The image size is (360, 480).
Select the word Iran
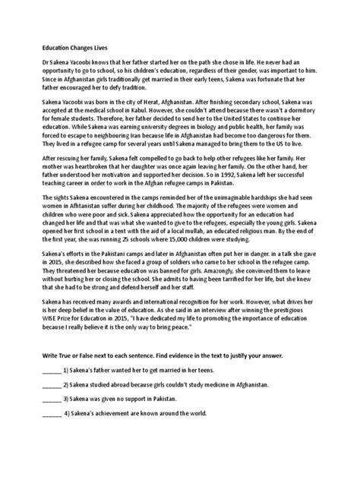(131, 143)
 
